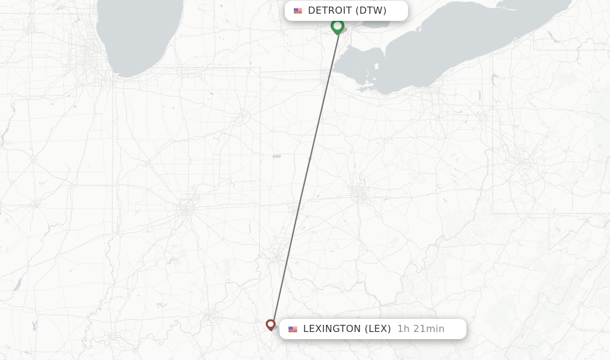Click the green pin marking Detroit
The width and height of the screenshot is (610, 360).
click(x=337, y=26)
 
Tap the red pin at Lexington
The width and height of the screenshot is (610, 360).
click(x=270, y=324)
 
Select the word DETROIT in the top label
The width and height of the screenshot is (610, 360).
click(x=329, y=11)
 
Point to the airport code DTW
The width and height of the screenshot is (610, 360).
click(x=371, y=11)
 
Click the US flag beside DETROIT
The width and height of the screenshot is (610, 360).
click(x=298, y=11)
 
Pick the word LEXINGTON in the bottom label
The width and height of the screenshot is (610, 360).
click(x=331, y=329)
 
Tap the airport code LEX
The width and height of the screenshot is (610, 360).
click(x=378, y=329)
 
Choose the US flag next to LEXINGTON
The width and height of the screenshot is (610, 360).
click(x=292, y=329)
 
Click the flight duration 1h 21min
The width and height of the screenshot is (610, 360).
click(x=421, y=329)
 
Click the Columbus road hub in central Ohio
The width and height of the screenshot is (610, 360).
click(x=359, y=192)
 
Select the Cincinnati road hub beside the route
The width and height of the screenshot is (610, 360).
click(x=278, y=255)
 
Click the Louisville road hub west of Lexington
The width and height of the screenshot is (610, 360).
click(x=211, y=319)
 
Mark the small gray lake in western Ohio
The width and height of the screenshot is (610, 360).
click(x=277, y=156)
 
